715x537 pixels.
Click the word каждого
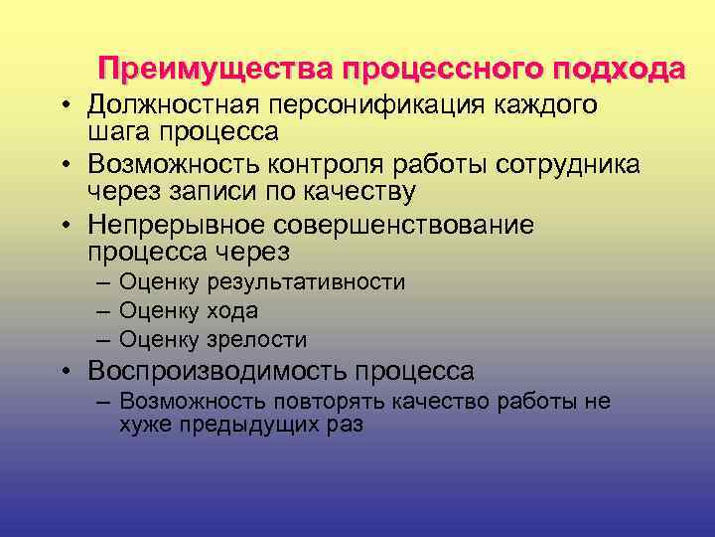(x=550, y=105)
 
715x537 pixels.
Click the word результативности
(x=305, y=282)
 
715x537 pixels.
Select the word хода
(x=232, y=310)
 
